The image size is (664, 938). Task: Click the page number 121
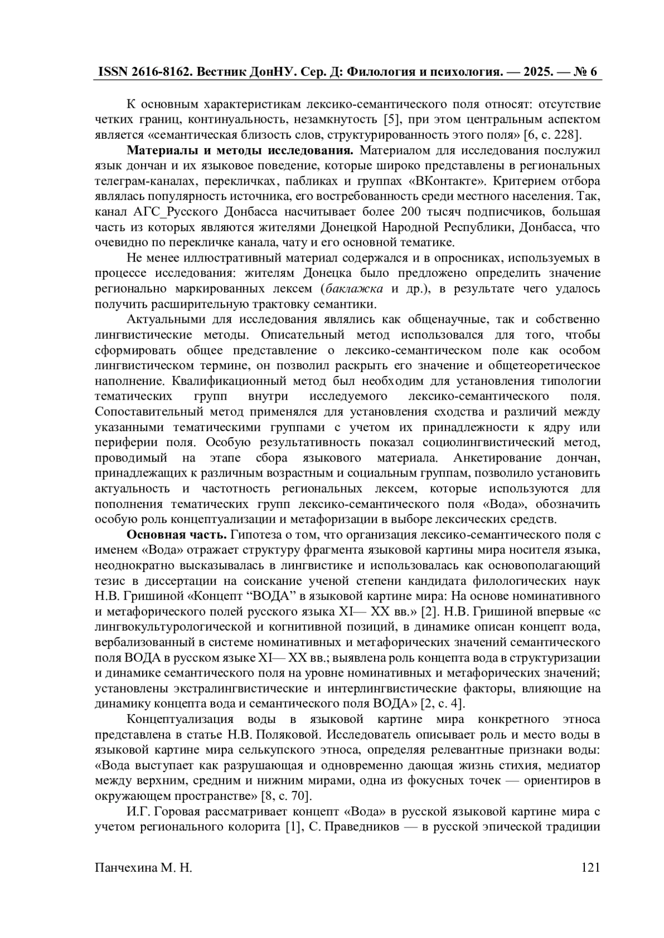coord(591,867)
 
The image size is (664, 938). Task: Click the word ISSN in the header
coord(113,72)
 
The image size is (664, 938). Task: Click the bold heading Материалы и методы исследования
coord(240,150)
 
